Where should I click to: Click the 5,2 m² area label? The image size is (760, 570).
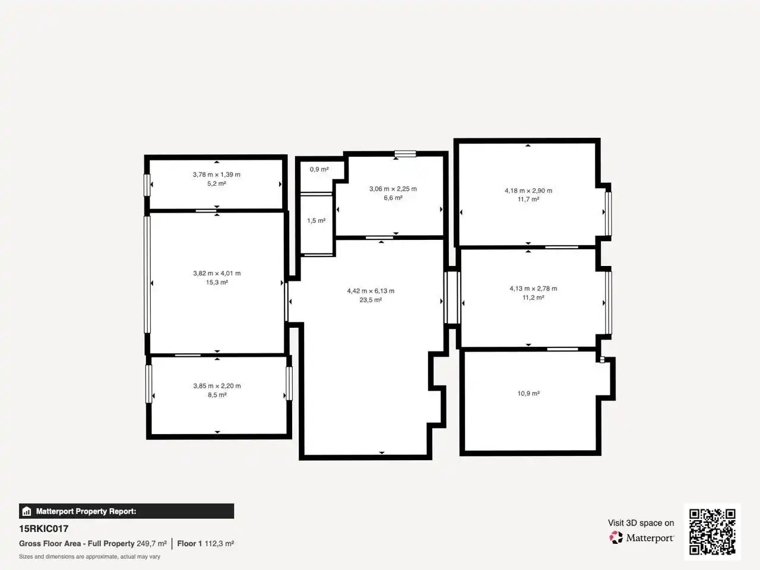click(x=217, y=184)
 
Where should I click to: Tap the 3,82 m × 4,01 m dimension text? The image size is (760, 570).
click(x=217, y=273)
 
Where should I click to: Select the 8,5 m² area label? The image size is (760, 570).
click(x=217, y=395)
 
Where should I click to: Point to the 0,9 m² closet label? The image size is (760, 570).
click(x=319, y=169)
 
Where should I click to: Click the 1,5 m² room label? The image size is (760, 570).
click(x=316, y=220)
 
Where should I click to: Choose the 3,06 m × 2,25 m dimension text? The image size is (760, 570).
click(x=393, y=189)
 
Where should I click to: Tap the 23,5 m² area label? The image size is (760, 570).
click(x=370, y=300)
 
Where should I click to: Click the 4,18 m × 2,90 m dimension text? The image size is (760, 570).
click(x=528, y=191)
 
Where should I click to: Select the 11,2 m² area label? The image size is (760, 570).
click(x=533, y=297)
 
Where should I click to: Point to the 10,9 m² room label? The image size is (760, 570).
click(x=528, y=394)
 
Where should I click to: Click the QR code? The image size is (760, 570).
click(x=712, y=531)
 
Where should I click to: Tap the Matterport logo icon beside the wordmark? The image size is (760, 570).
click(x=616, y=537)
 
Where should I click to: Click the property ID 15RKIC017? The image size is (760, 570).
click(x=43, y=529)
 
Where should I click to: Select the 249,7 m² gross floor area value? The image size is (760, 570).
click(x=151, y=543)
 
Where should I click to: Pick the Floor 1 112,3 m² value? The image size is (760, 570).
click(x=205, y=543)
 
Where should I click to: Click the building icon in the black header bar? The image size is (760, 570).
click(x=27, y=511)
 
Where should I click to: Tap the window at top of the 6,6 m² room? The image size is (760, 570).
click(x=406, y=154)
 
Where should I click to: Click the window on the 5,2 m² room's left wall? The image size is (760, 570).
click(x=147, y=185)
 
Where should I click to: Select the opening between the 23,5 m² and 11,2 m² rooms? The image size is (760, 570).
click(x=452, y=297)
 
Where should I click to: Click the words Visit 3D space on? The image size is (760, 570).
click(x=641, y=523)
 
